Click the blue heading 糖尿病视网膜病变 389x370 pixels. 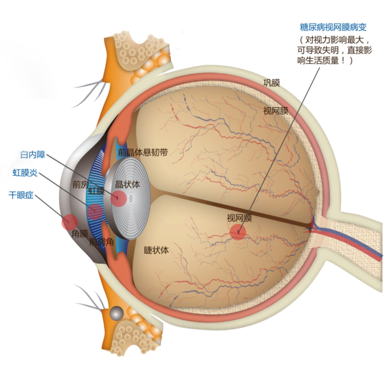[333, 27]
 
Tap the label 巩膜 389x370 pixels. [272, 83]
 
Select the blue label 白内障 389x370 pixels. [33, 155]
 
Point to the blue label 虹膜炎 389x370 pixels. [25, 173]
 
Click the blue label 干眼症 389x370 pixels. [21, 195]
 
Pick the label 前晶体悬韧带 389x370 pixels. [143, 152]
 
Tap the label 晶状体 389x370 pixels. [128, 184]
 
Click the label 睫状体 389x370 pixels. [156, 250]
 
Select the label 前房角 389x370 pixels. [102, 242]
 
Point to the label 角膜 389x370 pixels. [80, 233]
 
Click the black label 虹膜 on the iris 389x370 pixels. [97, 191]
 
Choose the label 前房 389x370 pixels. [81, 184]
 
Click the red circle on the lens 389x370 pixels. [119, 199]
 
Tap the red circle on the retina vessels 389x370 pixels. [238, 232]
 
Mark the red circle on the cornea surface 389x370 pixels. [70, 222]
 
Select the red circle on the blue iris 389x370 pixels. [95, 212]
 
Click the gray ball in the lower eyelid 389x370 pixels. [116, 313]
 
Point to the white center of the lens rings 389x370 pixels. [131, 199]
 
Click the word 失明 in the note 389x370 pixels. [330, 50]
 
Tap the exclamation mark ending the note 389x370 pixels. [343, 60]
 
